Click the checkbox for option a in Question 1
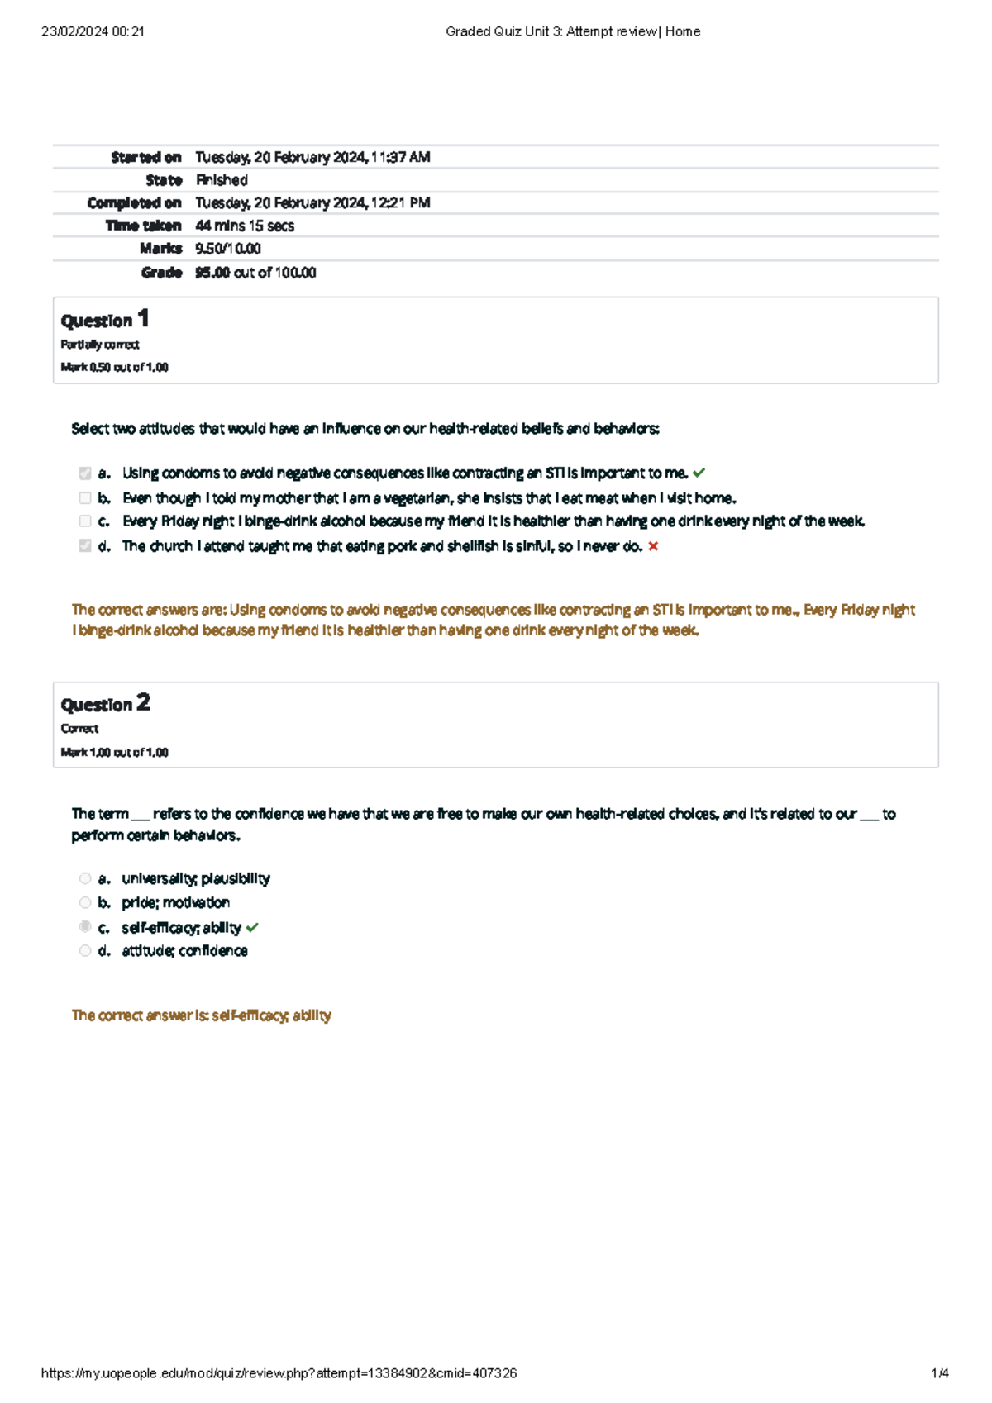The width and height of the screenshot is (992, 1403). point(85,473)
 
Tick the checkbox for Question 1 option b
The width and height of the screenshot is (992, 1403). point(85,498)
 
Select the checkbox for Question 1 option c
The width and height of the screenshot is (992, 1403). point(85,521)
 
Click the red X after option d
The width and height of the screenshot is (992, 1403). point(653,546)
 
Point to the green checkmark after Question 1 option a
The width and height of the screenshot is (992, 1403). point(699,473)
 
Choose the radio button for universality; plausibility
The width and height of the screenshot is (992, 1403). point(85,878)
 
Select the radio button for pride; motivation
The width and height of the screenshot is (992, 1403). point(85,902)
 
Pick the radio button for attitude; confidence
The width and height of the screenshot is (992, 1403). point(85,951)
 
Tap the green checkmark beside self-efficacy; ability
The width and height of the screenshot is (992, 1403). point(252,928)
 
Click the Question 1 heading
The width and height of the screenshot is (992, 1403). point(105,320)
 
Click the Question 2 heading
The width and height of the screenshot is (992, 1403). point(105,704)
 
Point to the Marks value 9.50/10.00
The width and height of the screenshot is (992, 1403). point(228,249)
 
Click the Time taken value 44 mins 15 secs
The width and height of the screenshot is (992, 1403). point(245,226)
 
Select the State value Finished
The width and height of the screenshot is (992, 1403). point(222,180)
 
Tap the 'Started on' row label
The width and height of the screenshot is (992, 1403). point(146,157)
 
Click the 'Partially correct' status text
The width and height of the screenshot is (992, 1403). point(100,345)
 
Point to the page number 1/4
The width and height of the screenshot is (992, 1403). point(940,1373)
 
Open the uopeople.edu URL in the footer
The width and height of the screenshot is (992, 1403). point(279,1373)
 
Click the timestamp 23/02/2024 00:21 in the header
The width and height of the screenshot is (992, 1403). point(93,31)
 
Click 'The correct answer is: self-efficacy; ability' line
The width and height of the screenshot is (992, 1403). point(202,1015)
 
